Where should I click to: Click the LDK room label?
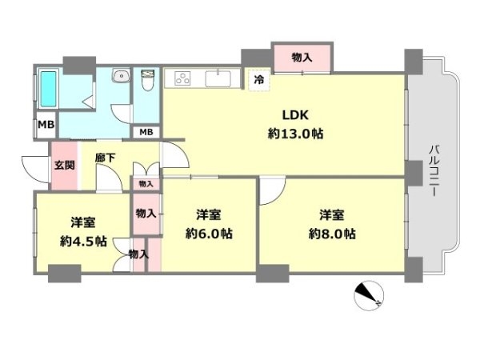tap(295, 115)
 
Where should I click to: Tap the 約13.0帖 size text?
tap(295, 134)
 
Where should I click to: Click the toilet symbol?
tap(148, 80)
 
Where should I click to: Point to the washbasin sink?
tap(122, 76)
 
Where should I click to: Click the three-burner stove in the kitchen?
tap(182, 78)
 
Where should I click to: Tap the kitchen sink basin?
tap(218, 78)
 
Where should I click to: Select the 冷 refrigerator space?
tap(259, 80)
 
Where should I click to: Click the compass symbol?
tap(369, 296)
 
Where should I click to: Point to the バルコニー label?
tap(434, 170)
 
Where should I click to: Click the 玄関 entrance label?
tap(65, 166)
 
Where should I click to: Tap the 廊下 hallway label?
tap(105, 158)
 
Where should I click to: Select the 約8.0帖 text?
tap(332, 234)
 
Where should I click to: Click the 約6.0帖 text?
tap(209, 234)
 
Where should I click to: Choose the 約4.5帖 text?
tap(83, 242)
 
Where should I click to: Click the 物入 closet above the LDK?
tap(302, 58)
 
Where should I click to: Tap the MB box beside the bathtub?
tap(46, 125)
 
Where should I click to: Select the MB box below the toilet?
tap(146, 132)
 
